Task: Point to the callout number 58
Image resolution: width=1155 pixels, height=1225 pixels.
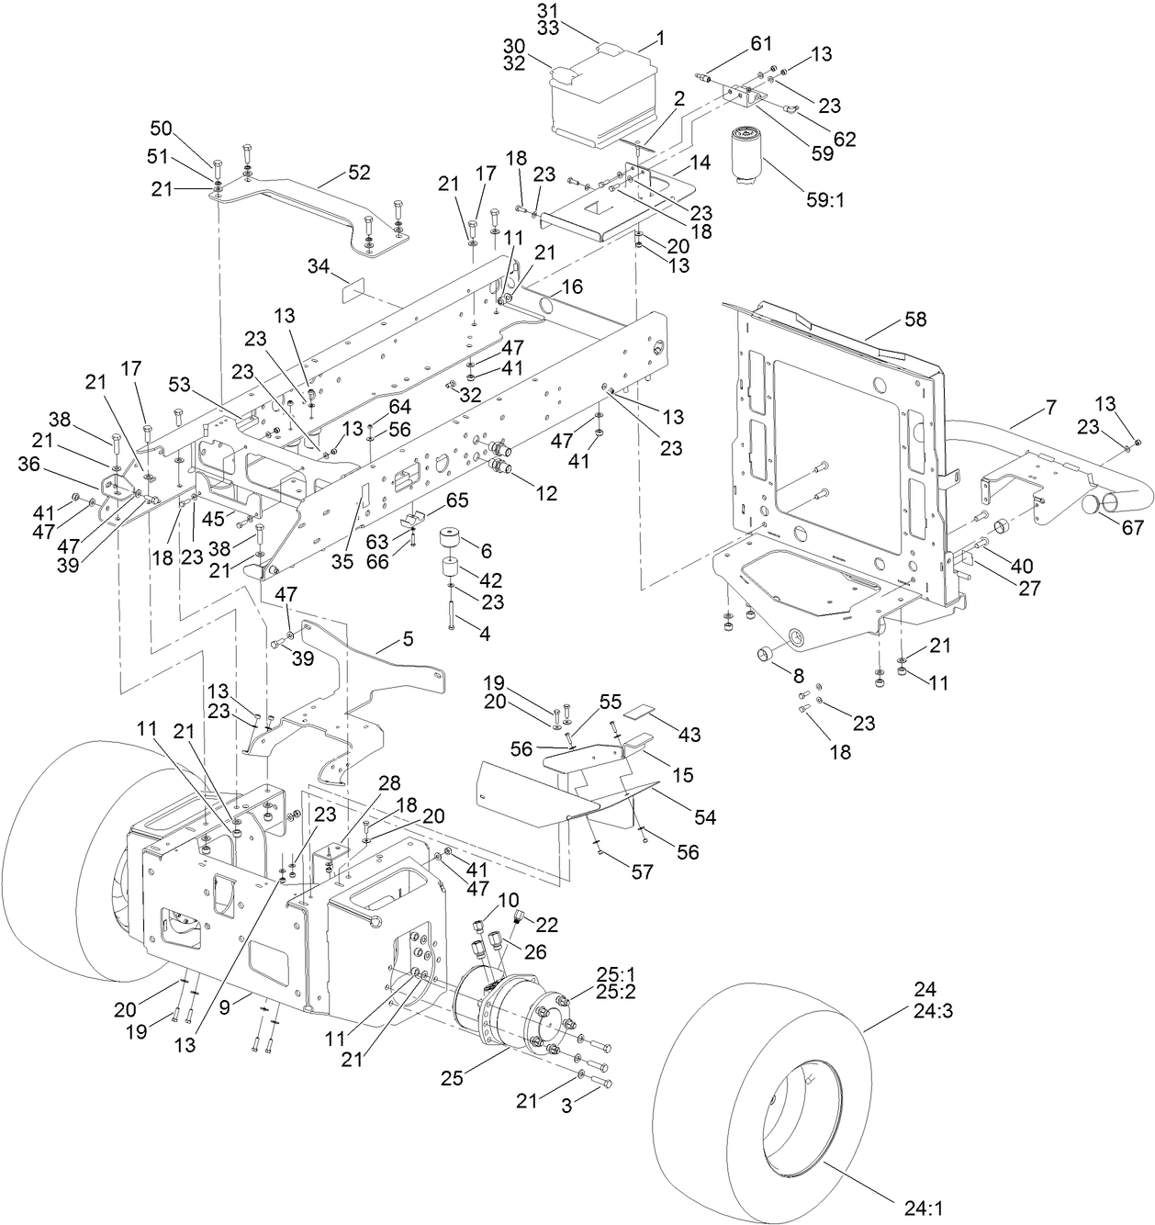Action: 914,320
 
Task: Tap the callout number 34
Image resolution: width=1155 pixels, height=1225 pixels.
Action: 319,266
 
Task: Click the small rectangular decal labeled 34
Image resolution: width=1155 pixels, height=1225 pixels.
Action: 353,292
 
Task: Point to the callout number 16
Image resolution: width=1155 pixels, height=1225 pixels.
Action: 572,287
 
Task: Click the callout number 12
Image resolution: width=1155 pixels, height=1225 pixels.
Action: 546,493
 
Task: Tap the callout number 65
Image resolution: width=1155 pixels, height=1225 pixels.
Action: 456,501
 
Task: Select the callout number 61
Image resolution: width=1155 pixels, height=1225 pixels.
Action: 761,43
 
